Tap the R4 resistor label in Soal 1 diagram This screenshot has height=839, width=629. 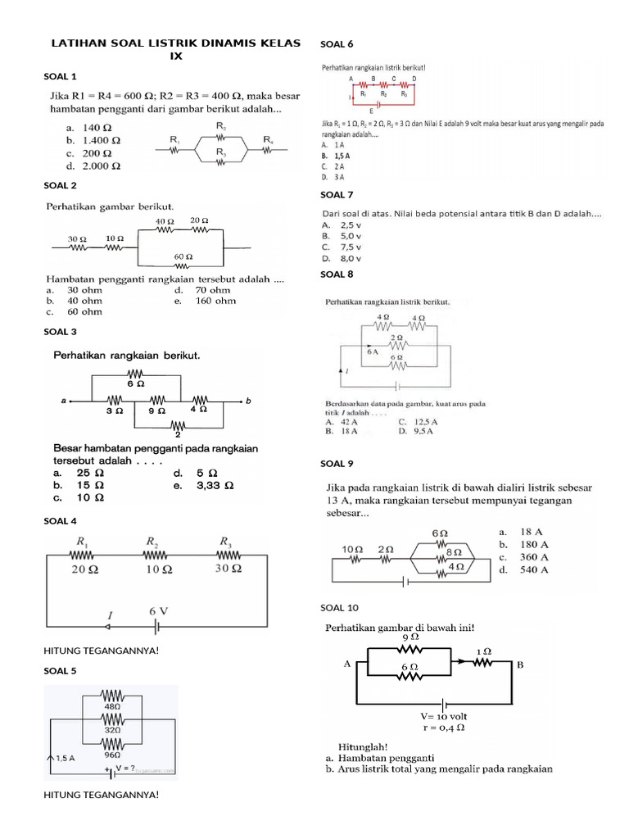coord(269,139)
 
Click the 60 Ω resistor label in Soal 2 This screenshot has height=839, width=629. coord(183,256)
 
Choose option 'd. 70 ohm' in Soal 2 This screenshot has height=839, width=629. coord(202,290)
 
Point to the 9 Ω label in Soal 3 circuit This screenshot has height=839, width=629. coord(156,410)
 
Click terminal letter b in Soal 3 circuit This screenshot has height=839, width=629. coord(247,401)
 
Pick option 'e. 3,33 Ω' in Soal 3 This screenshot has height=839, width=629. coord(204,485)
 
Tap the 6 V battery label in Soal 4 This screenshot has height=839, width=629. coord(158,611)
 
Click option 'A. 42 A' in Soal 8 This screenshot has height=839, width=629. coord(342,422)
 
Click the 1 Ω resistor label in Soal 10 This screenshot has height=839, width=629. coord(482,651)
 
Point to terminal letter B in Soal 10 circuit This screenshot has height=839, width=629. coord(518,665)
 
